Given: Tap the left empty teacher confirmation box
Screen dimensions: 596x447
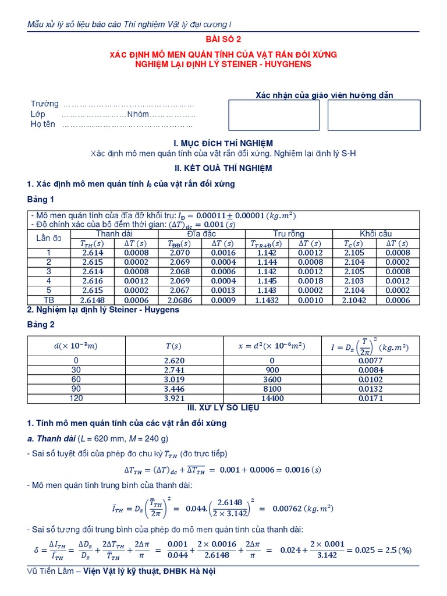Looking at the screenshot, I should [274, 115].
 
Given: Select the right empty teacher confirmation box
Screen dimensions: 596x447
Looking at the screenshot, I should [373, 115].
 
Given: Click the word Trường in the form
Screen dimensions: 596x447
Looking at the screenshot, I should [45, 104].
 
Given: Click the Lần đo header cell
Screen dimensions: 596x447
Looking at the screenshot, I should [49, 239].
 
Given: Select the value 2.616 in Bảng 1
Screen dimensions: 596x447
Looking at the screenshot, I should [93, 281].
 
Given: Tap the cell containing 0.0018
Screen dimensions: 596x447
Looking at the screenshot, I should [311, 281].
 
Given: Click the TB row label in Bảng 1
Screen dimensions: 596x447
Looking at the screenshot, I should [49, 300].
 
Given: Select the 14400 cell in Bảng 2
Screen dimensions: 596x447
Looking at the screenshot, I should [272, 398].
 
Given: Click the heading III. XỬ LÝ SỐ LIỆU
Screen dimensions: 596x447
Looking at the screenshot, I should [223, 408].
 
